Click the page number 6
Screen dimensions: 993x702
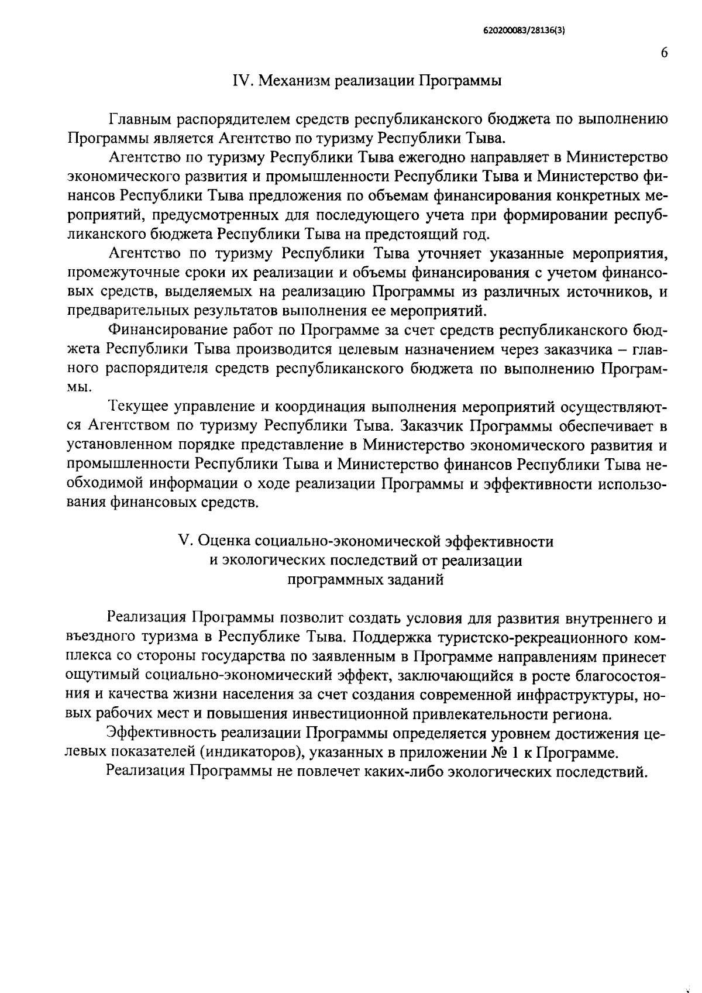pos(664,52)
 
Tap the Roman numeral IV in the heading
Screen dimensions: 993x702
pos(242,81)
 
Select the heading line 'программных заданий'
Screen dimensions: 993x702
pos(366,579)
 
